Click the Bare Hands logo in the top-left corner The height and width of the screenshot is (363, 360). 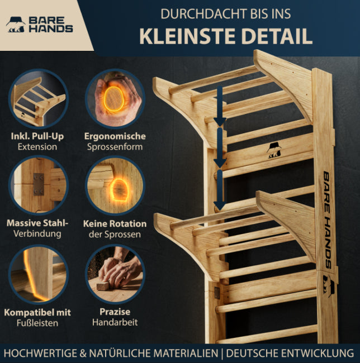39,25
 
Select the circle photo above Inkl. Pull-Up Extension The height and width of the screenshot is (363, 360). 39,99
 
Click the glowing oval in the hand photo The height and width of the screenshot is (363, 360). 113,99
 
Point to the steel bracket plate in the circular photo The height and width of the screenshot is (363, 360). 39,184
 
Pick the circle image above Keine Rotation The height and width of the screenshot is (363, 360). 115,185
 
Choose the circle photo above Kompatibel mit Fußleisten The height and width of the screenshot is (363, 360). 39,274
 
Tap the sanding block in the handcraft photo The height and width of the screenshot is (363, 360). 103,286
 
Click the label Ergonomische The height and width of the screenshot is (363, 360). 115,136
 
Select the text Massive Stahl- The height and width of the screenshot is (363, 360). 37,223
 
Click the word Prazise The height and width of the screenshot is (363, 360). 115,312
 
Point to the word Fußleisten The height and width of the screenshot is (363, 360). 37,323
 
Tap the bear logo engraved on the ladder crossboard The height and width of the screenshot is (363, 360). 274,150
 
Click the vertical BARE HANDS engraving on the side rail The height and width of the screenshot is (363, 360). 326,220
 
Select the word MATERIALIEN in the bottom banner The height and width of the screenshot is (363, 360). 186,354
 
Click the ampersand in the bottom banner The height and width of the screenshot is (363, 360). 83,354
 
